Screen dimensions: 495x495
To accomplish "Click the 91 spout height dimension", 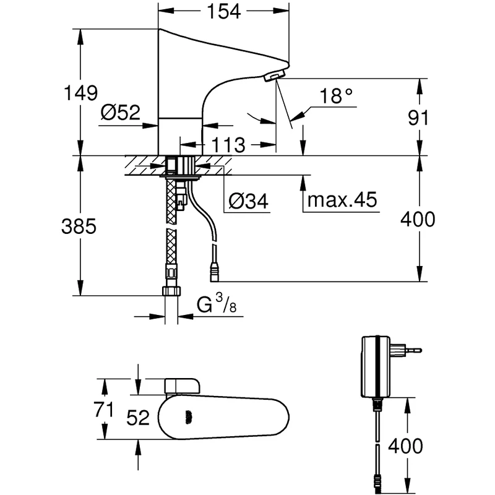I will pyautogui.click(x=419, y=118).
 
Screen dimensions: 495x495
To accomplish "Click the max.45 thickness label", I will pyautogui.click(x=343, y=200).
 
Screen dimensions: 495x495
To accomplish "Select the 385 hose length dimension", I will pyautogui.click(x=78, y=226).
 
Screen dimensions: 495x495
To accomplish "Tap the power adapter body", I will pyautogui.click(x=374, y=366).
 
